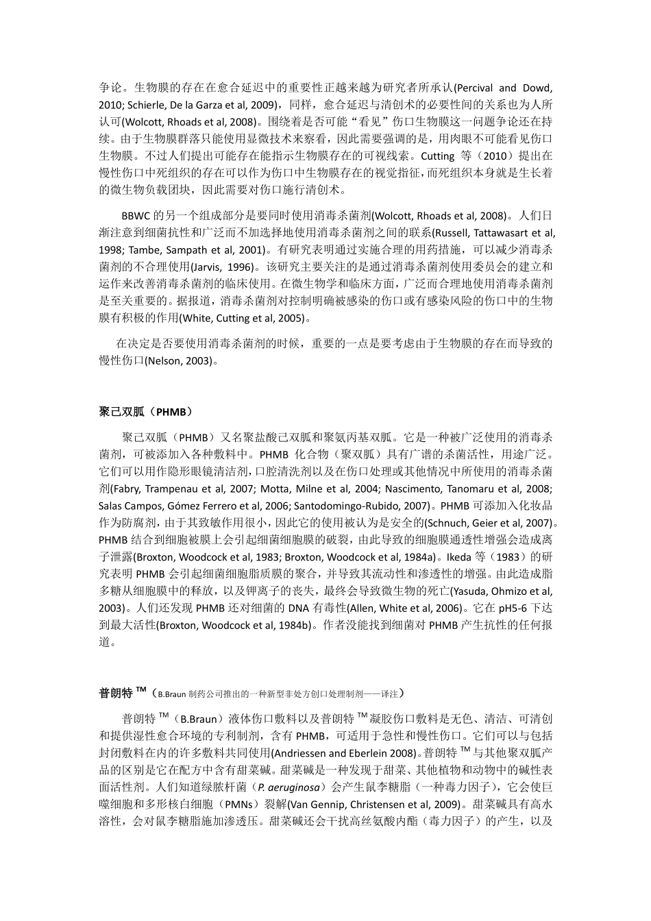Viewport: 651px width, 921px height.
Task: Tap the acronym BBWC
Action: coord(134,216)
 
